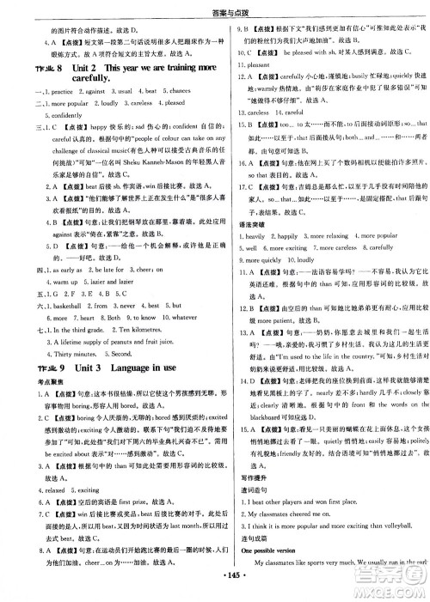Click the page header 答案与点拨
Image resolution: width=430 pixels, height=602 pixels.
(215, 8)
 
